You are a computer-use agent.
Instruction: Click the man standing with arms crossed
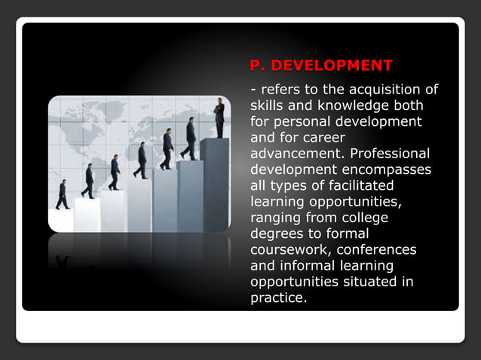[x=219, y=117]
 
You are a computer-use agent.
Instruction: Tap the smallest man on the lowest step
[x=63, y=194]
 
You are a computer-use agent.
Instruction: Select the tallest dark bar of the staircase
[x=215, y=185]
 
